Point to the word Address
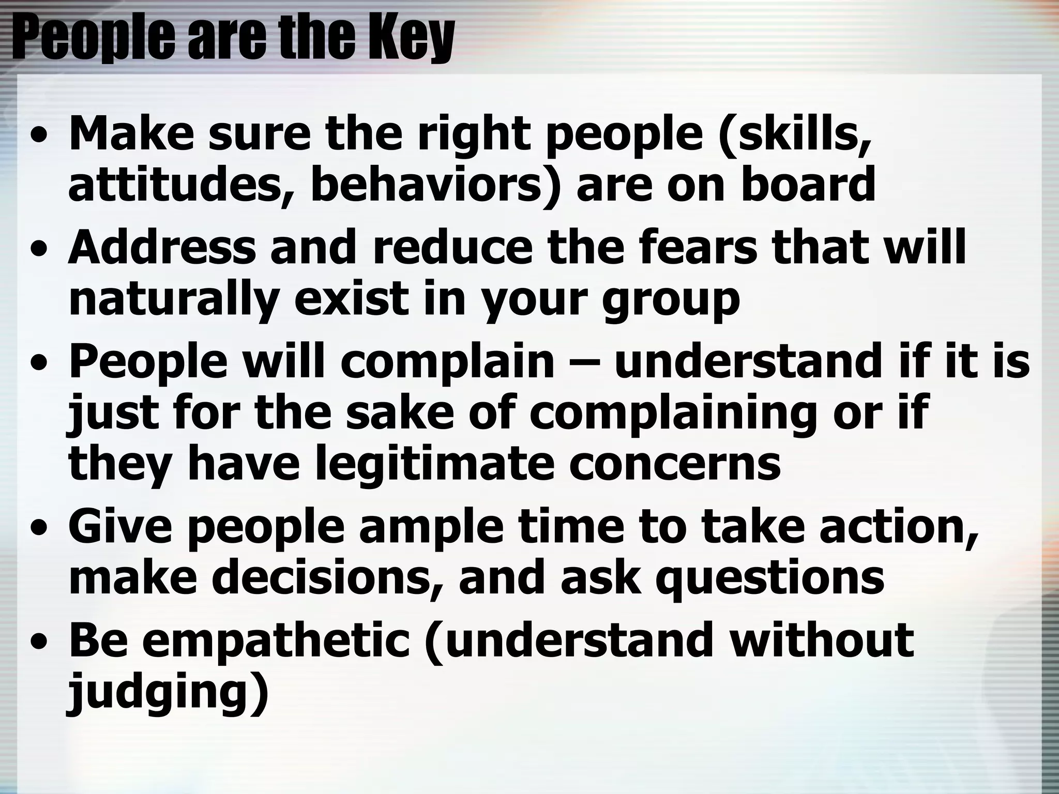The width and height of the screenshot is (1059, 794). coord(162,247)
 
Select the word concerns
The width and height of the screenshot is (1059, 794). coord(675,464)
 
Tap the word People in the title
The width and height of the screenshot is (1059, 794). coord(93,39)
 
